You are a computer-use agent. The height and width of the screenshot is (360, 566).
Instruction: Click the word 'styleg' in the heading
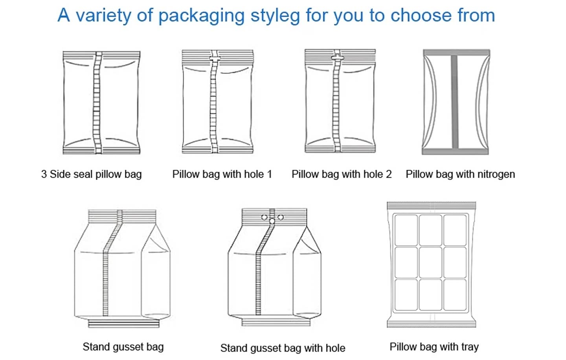(x=275, y=16)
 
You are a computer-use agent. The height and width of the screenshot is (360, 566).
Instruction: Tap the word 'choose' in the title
(x=421, y=15)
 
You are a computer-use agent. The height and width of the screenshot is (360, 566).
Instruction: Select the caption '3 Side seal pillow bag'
(x=91, y=174)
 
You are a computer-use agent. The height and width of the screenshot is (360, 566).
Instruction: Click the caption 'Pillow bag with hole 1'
(x=222, y=174)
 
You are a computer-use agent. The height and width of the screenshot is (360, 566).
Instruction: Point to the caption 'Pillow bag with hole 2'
(x=342, y=174)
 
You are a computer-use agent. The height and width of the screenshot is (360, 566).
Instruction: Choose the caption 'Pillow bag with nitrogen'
(x=460, y=174)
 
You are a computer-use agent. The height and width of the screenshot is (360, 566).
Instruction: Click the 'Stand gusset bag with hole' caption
(x=283, y=348)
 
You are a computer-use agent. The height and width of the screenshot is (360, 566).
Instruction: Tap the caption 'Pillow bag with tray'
(x=434, y=347)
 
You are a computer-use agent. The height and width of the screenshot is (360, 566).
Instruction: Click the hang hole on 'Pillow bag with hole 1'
(x=215, y=58)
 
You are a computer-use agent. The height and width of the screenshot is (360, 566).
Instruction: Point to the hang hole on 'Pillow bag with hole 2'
(x=337, y=58)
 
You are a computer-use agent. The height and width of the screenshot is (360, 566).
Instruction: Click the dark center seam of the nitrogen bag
(x=454, y=102)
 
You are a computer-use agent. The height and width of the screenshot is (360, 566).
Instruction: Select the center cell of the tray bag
(x=430, y=263)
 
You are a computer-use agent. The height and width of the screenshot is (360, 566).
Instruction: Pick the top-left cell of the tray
(x=406, y=230)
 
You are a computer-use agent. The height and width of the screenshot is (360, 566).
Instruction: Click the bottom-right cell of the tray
(x=455, y=295)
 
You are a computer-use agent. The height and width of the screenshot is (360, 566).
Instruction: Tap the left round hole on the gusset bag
(x=264, y=217)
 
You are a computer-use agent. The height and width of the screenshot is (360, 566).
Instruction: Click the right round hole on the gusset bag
(x=281, y=217)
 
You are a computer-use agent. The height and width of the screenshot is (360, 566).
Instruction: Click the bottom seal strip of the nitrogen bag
(x=455, y=151)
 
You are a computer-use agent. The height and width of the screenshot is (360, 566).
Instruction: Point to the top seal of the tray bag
(x=431, y=206)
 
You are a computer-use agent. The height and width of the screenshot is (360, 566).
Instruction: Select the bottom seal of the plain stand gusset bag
(x=123, y=323)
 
